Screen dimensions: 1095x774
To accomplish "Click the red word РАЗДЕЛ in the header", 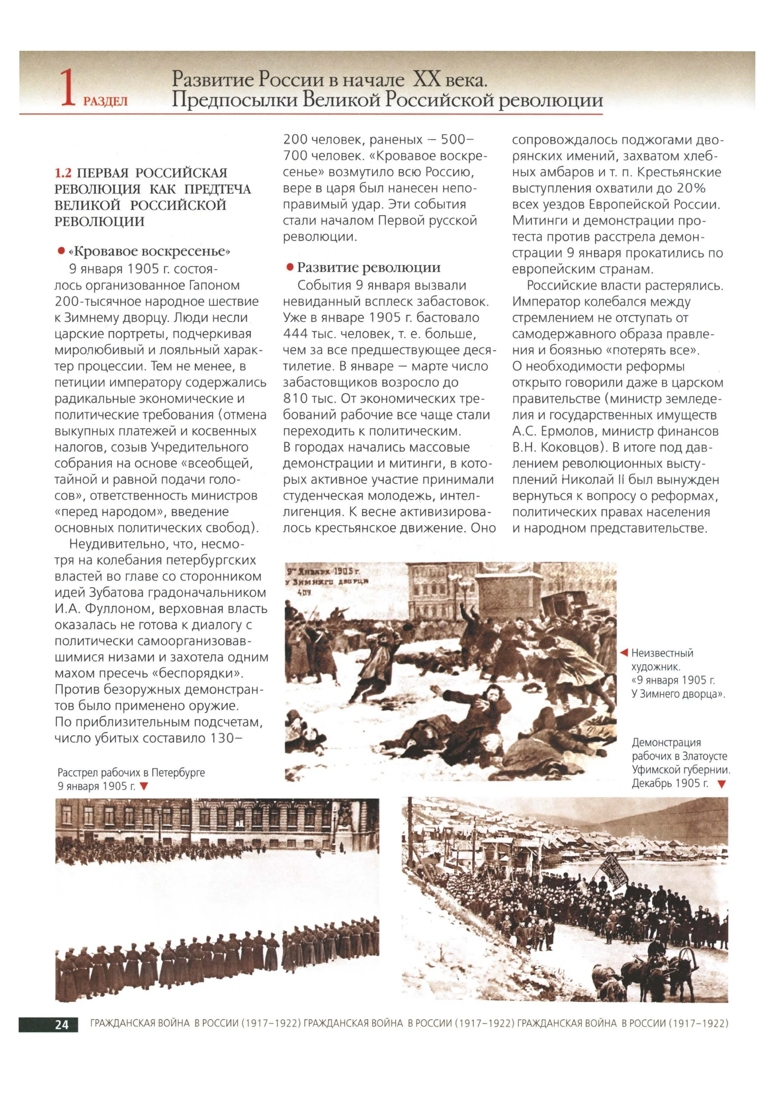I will (x=105, y=102).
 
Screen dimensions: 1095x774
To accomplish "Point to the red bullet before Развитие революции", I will (x=289, y=267).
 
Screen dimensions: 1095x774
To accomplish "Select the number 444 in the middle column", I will (x=294, y=334).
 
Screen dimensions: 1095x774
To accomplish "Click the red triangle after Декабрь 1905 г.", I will (x=721, y=784).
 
